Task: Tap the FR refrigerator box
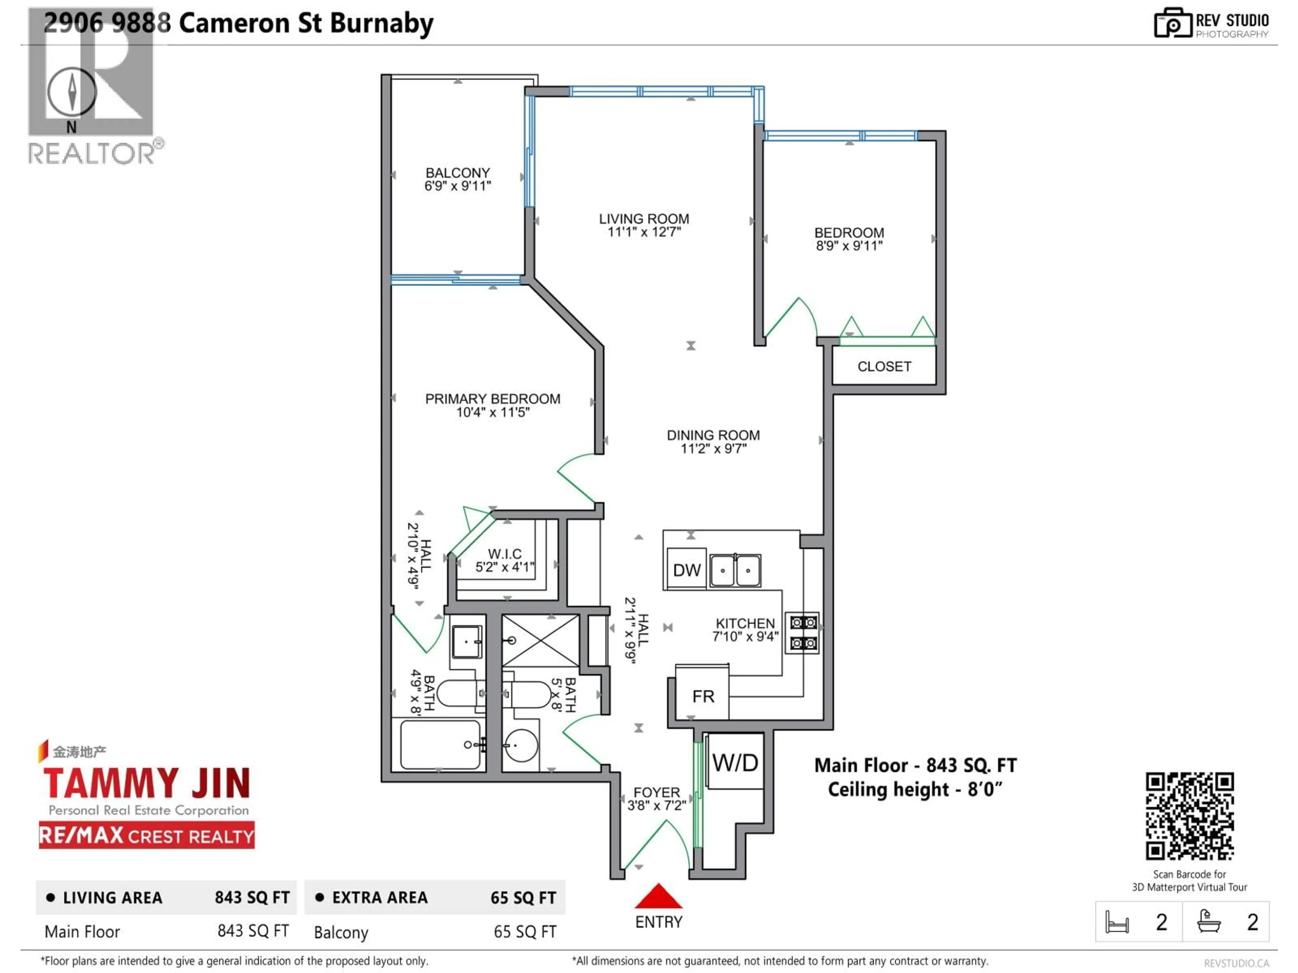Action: pos(702,697)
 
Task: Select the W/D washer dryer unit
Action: pos(735,763)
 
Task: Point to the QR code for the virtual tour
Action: pos(1189,816)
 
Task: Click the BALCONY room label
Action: pos(458,173)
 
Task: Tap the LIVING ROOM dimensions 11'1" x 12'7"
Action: pos(644,232)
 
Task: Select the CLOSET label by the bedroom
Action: pos(884,367)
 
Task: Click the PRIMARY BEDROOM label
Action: pos(492,399)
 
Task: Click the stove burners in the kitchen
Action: pos(803,633)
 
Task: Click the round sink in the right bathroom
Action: pos(521,745)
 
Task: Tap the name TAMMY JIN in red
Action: pos(147,783)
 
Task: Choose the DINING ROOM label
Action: pos(713,435)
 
